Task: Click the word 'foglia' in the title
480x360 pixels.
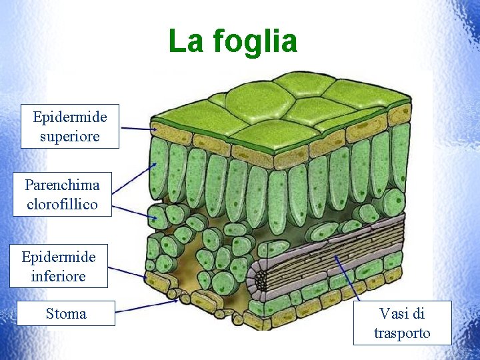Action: [255, 41]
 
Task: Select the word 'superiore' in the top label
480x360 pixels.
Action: [69, 137]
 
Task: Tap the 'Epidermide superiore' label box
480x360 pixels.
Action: [69, 127]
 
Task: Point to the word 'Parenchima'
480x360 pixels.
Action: [62, 185]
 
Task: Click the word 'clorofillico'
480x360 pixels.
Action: [62, 204]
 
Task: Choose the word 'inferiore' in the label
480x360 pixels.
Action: [59, 275]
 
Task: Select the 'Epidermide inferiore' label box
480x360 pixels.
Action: [59, 266]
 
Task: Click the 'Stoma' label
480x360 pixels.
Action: [66, 313]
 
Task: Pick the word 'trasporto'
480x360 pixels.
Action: [402, 333]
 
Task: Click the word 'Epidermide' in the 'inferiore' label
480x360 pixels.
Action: [59, 257]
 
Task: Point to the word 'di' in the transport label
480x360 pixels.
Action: [417, 313]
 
